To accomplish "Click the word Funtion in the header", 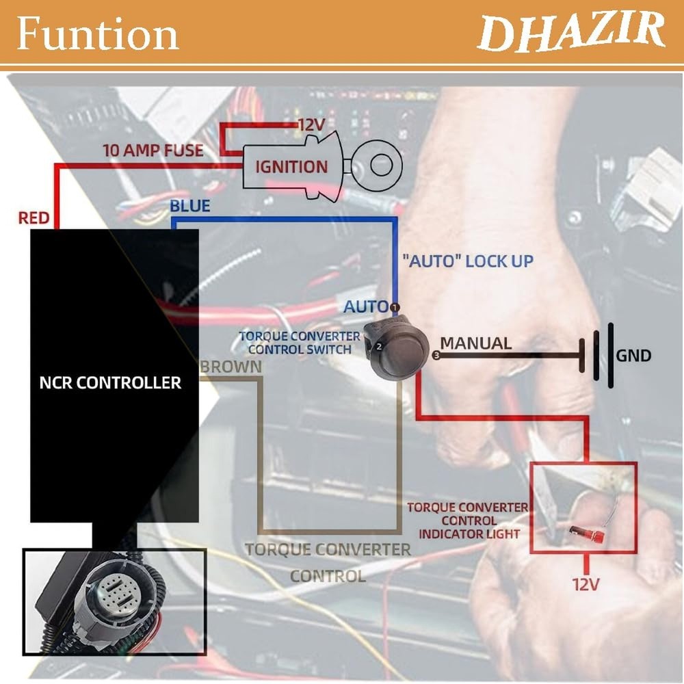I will click(97, 34).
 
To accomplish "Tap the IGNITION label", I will click(291, 166).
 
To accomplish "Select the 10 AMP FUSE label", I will click(153, 150).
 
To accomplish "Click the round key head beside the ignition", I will click(376, 163).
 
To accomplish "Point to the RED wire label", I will click(34, 218).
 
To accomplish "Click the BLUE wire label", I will click(189, 205).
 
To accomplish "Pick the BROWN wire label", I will click(231, 366).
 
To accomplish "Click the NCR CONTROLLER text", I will click(110, 382).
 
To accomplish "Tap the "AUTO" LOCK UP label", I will click(467, 261).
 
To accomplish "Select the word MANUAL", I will click(475, 343).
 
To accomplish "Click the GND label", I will click(633, 356).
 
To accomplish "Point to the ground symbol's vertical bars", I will click(601, 356).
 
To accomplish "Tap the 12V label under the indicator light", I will click(586, 584).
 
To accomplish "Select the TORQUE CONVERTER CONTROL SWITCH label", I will click(300, 343).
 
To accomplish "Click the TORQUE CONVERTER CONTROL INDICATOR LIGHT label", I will click(468, 520).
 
